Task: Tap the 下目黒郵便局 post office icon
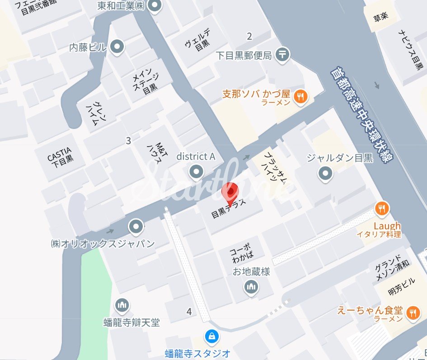[283, 55]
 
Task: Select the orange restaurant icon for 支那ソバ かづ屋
[300, 96]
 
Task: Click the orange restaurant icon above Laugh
[382, 208]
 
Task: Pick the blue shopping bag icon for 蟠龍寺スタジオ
[211, 336]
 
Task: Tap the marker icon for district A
[196, 171]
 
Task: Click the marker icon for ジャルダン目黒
[325, 173]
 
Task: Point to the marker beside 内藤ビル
[117, 47]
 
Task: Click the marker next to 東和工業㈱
[155, 6]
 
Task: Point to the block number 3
[128, 141]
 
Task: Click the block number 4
[189, 311]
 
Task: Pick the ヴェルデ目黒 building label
[197, 40]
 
